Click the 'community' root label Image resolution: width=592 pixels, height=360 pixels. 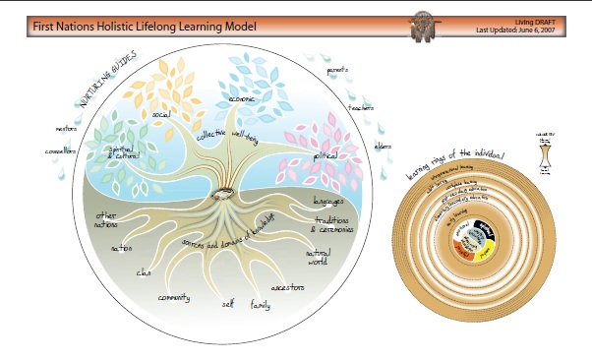point(174,298)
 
